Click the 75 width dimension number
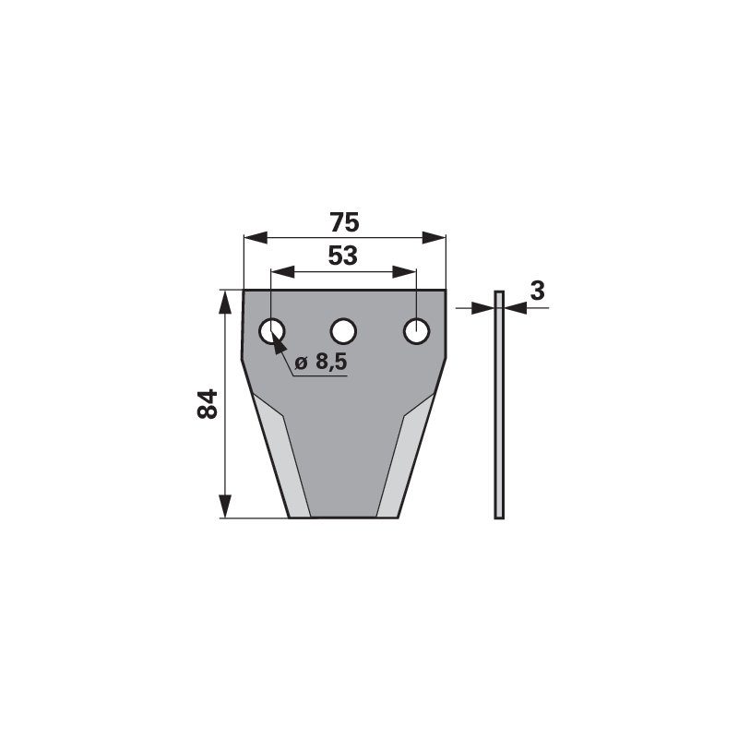click(344, 222)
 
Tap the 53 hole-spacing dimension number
click(342, 256)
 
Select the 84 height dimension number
click(207, 404)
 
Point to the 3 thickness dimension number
click(537, 291)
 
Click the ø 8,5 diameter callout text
click(321, 362)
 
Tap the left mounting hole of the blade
click(272, 331)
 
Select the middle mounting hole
click(343, 331)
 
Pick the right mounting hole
click(417, 331)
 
